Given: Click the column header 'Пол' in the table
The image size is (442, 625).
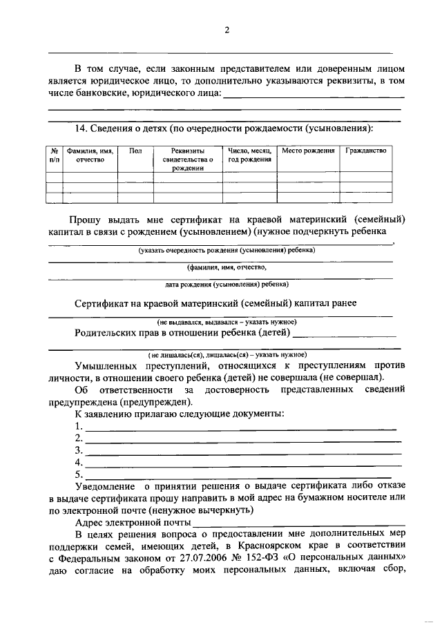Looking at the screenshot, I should click(135, 151).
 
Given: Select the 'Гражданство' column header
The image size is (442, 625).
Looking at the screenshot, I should click(366, 151).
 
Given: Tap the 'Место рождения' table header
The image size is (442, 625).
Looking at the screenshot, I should click(308, 151).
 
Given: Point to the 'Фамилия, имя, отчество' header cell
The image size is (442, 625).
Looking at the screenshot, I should click(90, 155).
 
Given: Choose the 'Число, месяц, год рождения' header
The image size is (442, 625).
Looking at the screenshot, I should click(249, 155).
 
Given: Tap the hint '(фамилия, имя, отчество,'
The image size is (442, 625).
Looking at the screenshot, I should click(226, 266).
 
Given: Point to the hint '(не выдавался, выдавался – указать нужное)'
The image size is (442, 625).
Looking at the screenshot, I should click(227, 322).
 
